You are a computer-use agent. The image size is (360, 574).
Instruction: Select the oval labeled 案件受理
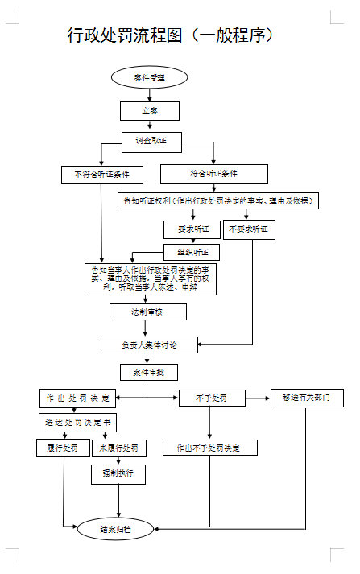tap(149, 77)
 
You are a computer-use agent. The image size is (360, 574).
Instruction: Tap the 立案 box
tap(149, 110)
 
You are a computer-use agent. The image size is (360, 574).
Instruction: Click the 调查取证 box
tap(151, 141)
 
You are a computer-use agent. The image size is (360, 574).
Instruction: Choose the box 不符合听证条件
tap(101, 174)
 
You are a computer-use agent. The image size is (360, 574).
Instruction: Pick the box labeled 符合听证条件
tap(213, 174)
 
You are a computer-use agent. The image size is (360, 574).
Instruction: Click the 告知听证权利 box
tap(217, 200)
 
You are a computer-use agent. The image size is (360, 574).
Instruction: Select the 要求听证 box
tap(192, 229)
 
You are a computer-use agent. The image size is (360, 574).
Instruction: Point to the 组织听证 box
tap(192, 252)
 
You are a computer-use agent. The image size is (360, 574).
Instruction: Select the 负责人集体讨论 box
tap(149, 345)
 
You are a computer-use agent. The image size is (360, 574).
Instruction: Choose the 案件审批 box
tap(148, 372)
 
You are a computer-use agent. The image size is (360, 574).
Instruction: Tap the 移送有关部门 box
tap(306, 398)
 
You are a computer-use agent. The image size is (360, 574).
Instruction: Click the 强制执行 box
tap(118, 474)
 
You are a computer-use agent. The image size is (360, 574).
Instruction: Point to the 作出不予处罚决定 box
tap(210, 448)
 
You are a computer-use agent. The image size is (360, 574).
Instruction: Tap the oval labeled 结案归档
tap(115, 529)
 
